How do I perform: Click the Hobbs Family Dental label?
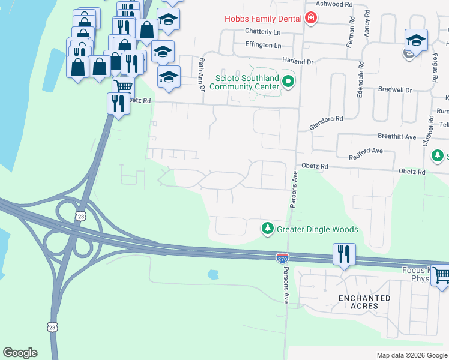(262, 19)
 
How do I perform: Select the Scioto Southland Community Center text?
(247, 82)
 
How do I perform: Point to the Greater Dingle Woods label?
(317, 229)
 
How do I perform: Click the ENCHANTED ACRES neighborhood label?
(364, 302)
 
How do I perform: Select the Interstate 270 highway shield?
(283, 258)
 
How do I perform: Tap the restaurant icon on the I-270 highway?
(344, 254)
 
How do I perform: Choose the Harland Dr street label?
(298, 61)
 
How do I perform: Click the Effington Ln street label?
(263, 45)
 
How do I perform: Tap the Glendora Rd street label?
(326, 122)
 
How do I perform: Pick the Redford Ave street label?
(366, 155)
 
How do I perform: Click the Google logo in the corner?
(20, 353)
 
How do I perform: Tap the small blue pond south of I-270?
(213, 275)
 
